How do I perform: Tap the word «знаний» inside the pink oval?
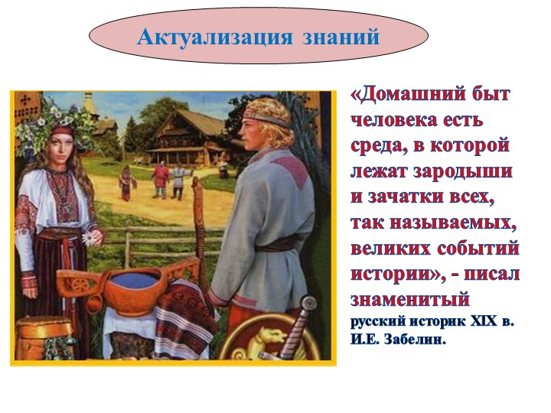click(341, 36)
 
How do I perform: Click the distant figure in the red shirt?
click(161, 177)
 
